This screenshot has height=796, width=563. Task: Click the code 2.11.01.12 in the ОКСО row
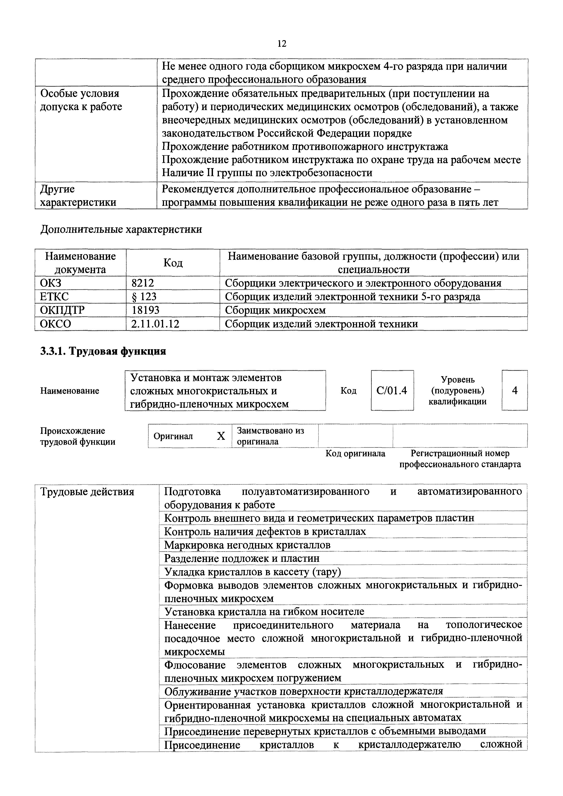155,324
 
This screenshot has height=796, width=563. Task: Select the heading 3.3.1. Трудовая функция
103,351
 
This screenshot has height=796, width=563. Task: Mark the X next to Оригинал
221,436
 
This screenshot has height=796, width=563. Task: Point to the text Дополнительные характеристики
121,229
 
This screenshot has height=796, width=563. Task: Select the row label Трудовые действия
87,492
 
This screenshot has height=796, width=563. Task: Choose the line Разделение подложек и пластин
242,558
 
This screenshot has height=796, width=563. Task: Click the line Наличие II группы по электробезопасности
267,173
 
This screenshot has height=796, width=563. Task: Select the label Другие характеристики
78,196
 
